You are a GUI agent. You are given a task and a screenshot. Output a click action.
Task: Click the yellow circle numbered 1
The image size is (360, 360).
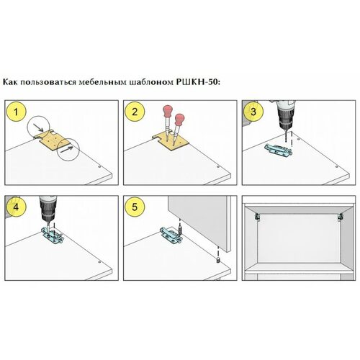[16, 112]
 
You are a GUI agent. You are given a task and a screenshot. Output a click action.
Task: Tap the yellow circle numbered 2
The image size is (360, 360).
[135, 112]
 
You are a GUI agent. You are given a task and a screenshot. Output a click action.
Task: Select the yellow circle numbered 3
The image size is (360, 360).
[253, 112]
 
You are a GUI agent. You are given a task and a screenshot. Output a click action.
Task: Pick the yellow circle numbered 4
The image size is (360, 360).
[16, 207]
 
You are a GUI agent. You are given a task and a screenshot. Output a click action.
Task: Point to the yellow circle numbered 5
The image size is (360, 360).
[135, 207]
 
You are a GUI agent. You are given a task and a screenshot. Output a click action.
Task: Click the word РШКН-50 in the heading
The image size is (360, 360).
[198, 82]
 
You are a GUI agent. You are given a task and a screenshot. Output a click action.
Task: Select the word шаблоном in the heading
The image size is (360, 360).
[151, 83]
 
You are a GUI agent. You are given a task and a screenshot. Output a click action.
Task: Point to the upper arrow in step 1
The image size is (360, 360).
[39, 128]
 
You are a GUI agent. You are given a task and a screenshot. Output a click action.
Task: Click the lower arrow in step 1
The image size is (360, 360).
[66, 150]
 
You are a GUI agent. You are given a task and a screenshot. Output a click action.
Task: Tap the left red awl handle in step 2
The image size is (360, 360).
[167, 112]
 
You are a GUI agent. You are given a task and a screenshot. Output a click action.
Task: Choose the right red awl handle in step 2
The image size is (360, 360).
[180, 120]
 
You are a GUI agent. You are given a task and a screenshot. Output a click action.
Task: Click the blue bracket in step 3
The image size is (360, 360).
[279, 150]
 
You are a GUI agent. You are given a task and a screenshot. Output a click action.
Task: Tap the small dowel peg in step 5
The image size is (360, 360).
[218, 260]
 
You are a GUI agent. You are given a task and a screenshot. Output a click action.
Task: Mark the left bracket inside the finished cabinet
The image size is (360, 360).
[257, 217]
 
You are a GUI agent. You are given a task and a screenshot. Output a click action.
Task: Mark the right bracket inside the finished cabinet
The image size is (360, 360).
[340, 217]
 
